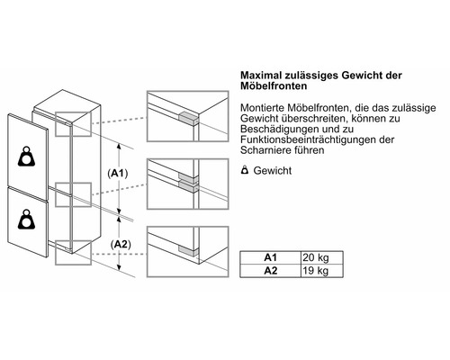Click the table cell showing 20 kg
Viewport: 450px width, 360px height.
pyautogui.click(x=315, y=257)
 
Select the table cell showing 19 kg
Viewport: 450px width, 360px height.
pyautogui.click(x=315, y=271)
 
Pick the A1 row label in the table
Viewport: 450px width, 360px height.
pyautogui.click(x=269, y=257)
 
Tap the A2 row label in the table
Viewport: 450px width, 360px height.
pyautogui.click(x=269, y=271)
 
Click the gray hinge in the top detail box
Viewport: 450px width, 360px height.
pyautogui.click(x=186, y=116)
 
